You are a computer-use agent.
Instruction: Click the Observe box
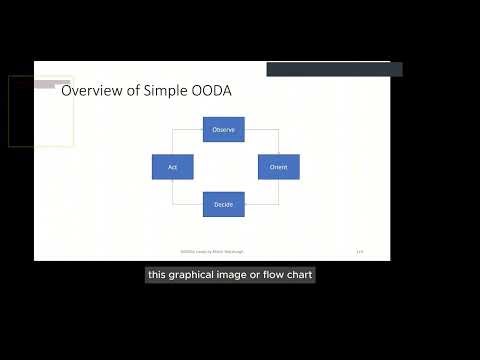(x=224, y=129)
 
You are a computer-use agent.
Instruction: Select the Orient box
(x=278, y=167)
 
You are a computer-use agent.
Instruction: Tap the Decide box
(x=224, y=204)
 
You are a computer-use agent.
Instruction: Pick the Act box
(x=172, y=167)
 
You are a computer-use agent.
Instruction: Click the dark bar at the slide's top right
(x=334, y=69)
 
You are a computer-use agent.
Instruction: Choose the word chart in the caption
(x=297, y=274)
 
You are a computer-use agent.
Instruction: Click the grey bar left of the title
(x=52, y=84)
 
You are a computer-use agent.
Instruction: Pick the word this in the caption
(x=157, y=274)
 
